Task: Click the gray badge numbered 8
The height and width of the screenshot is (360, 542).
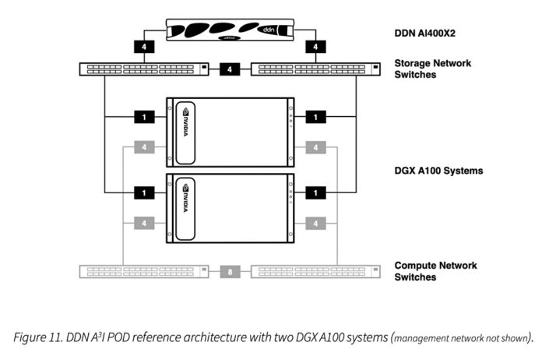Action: point(231,272)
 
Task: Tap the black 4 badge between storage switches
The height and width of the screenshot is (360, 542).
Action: point(231,69)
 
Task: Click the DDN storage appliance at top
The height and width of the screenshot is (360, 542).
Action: point(231,31)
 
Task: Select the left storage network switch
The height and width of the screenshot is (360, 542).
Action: point(145,69)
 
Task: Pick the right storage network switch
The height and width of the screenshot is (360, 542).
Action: point(316,69)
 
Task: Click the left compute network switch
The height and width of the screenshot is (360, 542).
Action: point(145,272)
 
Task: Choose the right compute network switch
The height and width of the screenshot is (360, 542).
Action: point(316,272)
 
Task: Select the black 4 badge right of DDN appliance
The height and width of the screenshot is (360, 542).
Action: point(315,47)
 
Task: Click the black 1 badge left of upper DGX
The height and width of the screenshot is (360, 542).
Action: point(145,117)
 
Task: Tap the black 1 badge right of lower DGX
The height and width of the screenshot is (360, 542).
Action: point(315,191)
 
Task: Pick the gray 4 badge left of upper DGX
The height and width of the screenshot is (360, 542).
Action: point(145,146)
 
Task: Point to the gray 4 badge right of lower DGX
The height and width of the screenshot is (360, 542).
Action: point(315,224)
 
